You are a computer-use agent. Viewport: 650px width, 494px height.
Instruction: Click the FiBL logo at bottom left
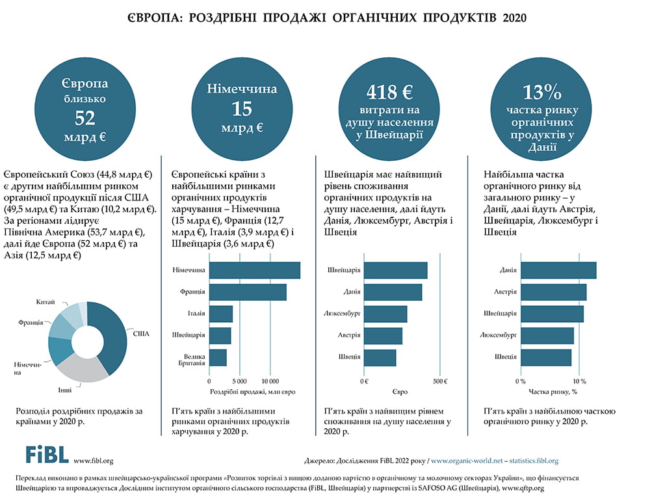[46, 454]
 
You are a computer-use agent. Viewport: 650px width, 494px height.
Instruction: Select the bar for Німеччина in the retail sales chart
[254, 270]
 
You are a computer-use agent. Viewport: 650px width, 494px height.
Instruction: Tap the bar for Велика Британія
[218, 358]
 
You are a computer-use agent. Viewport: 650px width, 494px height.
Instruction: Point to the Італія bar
[221, 314]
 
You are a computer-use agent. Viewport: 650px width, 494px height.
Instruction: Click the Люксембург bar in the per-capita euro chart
[385, 314]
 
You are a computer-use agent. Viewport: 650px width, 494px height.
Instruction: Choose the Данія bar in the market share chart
[558, 270]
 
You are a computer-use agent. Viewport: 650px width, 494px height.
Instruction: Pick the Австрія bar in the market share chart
[553, 292]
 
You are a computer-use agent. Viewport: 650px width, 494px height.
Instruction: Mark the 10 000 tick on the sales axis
[269, 381]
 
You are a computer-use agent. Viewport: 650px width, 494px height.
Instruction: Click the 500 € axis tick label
[441, 381]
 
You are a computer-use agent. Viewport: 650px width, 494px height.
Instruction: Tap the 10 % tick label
[578, 381]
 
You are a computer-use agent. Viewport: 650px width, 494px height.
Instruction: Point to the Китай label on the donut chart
[45, 302]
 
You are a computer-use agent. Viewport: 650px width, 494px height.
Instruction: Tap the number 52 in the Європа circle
[85, 117]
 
